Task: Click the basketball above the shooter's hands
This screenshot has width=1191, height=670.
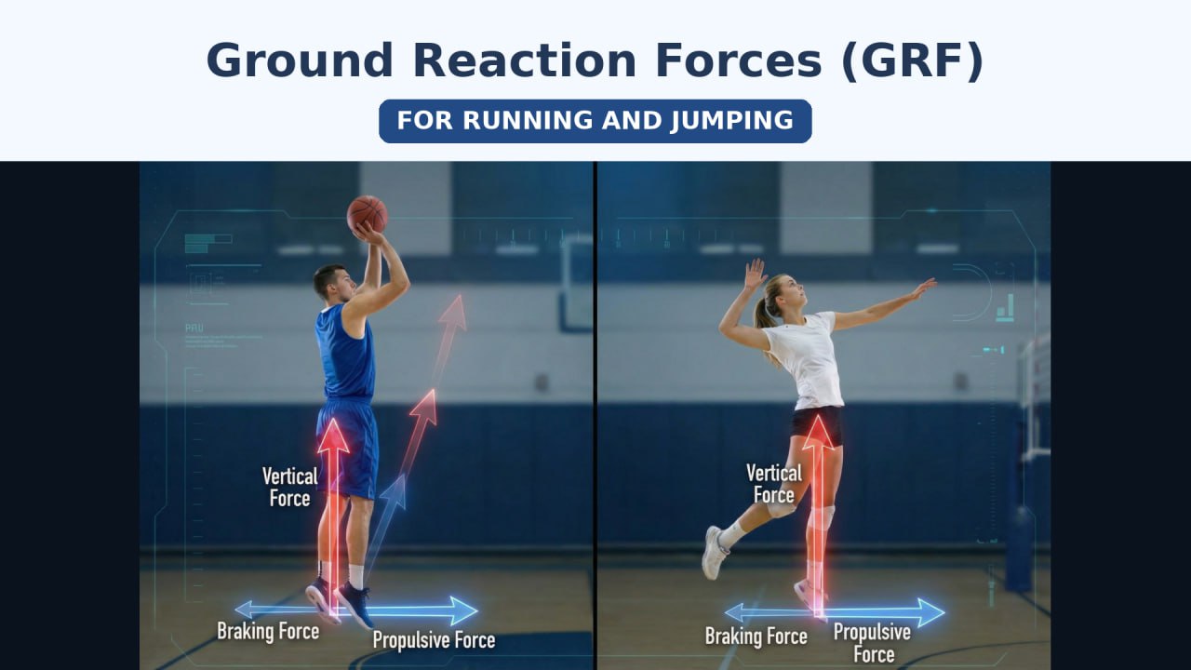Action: (x=367, y=214)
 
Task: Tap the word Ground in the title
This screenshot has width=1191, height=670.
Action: (x=300, y=60)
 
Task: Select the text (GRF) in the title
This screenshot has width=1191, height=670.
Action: (x=914, y=60)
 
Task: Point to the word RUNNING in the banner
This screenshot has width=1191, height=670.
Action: (x=528, y=120)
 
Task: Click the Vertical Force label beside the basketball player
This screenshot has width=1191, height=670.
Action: (x=289, y=487)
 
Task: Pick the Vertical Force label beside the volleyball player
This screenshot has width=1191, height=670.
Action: (x=773, y=484)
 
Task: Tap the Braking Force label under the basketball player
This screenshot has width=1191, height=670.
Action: (x=268, y=631)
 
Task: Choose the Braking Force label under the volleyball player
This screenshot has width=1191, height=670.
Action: (x=756, y=636)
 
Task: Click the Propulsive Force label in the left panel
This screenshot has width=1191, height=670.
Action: (x=434, y=639)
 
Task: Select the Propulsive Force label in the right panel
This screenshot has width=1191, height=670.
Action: (x=873, y=643)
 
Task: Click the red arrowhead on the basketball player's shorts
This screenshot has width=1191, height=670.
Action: (x=333, y=435)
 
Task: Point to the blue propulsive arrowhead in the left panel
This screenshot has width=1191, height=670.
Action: (x=464, y=611)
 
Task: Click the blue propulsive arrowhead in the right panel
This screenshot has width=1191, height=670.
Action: (x=931, y=612)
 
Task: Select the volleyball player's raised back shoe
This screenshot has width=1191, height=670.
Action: (x=714, y=553)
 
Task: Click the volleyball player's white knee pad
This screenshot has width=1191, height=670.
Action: (x=782, y=509)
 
